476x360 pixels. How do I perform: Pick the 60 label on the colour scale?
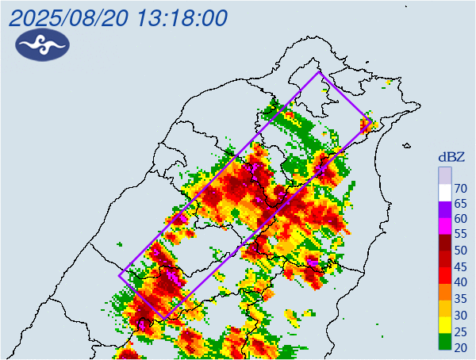point(459,219)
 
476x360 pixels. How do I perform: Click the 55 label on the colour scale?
point(459,235)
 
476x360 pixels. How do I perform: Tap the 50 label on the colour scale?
point(459,251)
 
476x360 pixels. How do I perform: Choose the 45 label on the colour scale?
point(459,266)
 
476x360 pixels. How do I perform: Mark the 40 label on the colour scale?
point(459,282)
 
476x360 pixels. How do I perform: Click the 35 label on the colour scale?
point(459,298)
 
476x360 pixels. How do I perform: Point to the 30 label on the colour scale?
point(459,314)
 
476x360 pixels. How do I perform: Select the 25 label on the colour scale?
point(459,330)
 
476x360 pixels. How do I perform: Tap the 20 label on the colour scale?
point(459,347)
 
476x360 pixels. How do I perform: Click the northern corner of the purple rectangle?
point(320,72)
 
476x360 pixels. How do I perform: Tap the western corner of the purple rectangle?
point(120,276)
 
